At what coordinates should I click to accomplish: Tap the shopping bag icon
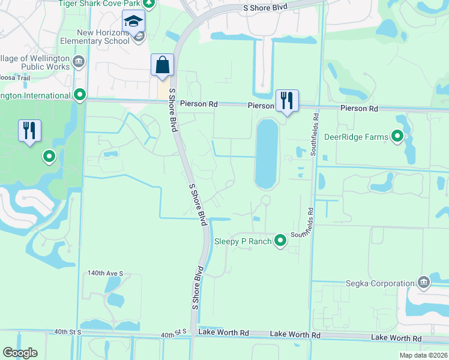click(x=163, y=65)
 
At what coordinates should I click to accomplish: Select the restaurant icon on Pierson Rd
click(x=287, y=100)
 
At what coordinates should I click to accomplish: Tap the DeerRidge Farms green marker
click(x=397, y=137)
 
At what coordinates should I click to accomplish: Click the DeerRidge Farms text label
click(x=356, y=137)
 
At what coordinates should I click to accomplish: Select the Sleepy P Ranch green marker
click(x=280, y=241)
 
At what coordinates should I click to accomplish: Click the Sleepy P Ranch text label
click(x=243, y=242)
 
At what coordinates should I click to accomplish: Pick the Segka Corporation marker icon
click(x=423, y=283)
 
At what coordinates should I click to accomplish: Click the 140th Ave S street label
click(x=105, y=273)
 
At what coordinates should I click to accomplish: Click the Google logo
click(x=20, y=353)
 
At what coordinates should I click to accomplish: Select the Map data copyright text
click(x=424, y=355)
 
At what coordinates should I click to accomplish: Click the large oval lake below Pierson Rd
click(x=267, y=154)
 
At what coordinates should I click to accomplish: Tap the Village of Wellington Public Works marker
click(x=79, y=62)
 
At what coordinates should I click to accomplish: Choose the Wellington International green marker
click(x=80, y=95)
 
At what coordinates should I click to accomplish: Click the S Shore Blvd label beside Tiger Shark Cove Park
click(x=265, y=7)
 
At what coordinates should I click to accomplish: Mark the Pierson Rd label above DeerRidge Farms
click(x=359, y=109)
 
